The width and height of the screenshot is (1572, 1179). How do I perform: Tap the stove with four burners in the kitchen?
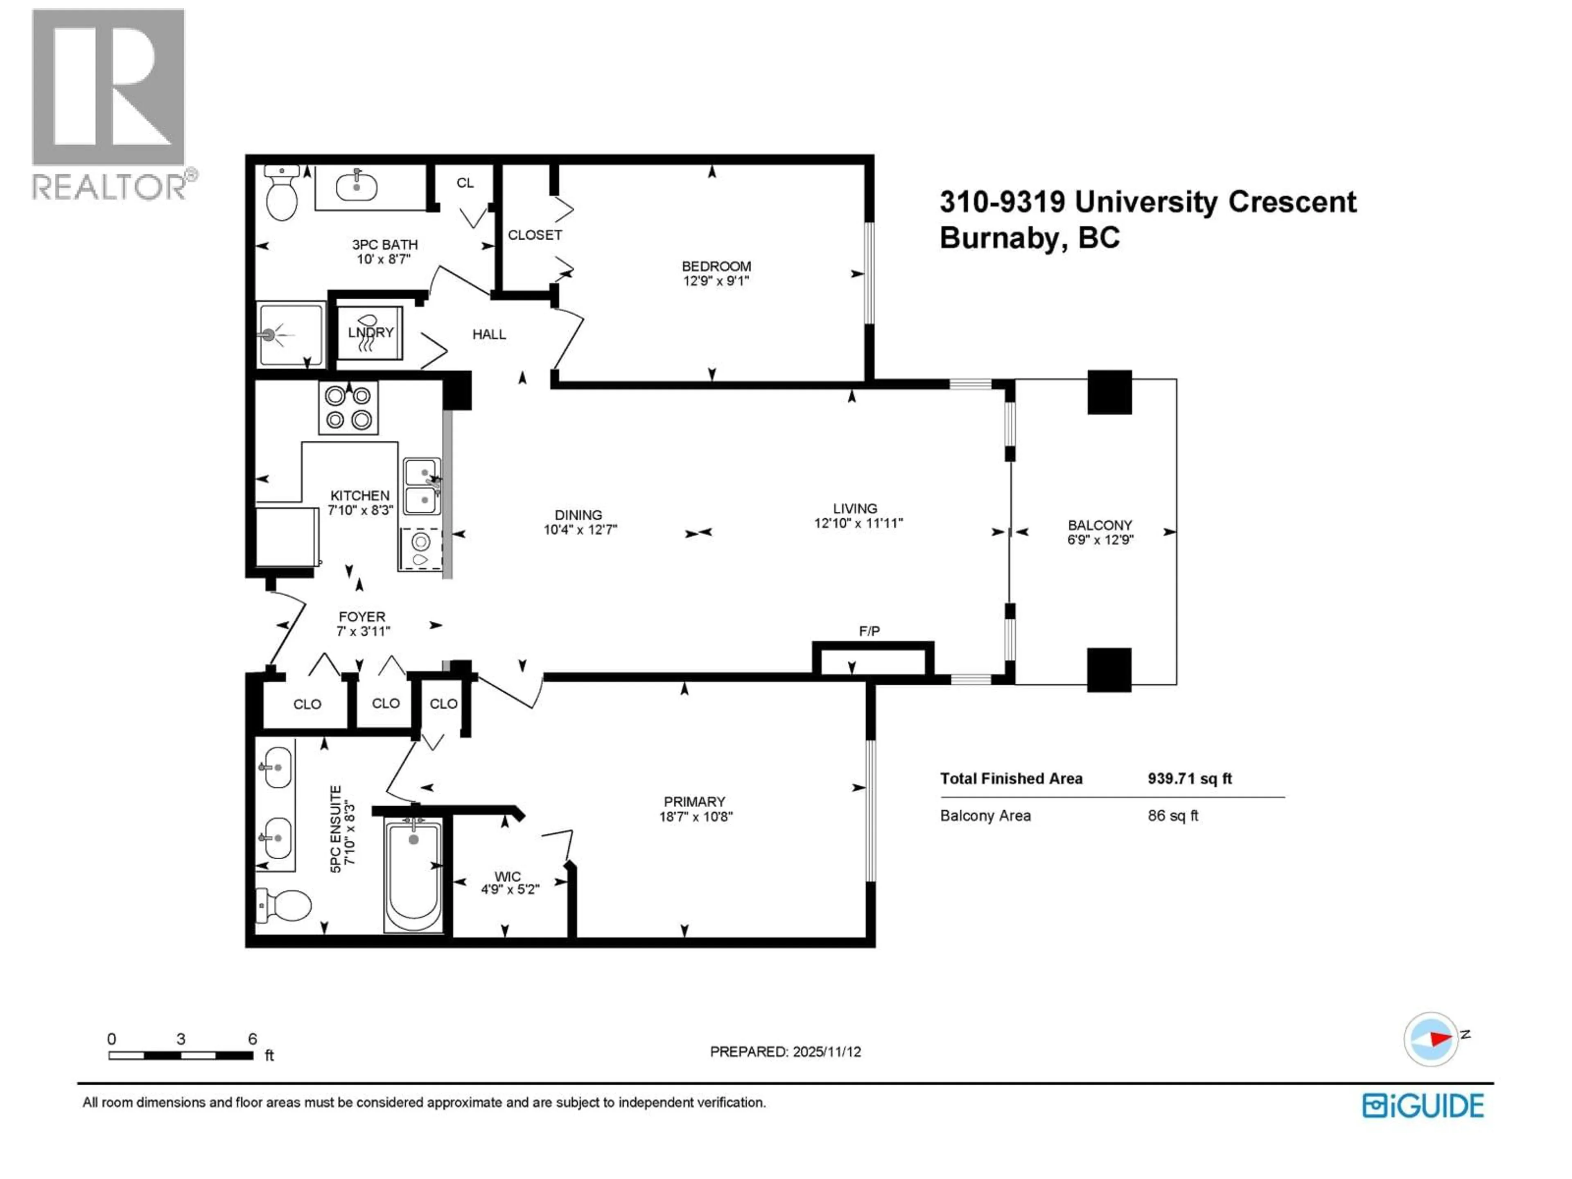[348, 408]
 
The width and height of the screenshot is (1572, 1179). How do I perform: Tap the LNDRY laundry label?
[370, 332]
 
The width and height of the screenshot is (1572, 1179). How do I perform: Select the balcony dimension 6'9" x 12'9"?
[1100, 540]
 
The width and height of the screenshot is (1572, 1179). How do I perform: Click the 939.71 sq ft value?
[1189, 778]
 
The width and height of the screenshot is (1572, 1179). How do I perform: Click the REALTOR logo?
[110, 103]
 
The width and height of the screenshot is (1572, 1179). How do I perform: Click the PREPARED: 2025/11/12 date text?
[785, 1052]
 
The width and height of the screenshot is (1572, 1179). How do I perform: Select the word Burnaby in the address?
[1000, 237]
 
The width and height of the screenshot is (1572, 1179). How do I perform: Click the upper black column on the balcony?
[1109, 392]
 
